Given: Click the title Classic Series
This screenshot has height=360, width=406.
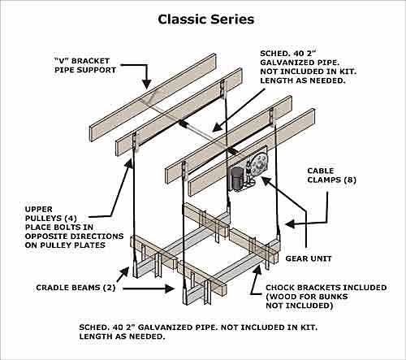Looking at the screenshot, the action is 206,20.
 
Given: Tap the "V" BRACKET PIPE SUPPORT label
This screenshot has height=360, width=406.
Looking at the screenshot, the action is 85,65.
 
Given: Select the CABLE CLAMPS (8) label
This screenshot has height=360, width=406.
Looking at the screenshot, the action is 331,176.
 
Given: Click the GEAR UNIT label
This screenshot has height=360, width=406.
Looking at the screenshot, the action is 309,258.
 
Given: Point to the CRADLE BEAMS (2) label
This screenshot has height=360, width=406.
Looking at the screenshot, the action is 76,288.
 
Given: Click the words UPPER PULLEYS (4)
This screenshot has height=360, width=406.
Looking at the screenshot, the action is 51,214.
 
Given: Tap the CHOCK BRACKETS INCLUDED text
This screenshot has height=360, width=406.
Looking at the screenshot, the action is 326,288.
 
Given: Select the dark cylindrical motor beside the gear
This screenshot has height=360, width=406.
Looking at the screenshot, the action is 236,179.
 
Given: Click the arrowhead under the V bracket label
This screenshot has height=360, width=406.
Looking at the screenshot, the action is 147,84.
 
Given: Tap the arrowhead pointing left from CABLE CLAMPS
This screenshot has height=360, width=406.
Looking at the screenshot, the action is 290,224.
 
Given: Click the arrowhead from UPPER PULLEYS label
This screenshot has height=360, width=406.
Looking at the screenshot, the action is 129,164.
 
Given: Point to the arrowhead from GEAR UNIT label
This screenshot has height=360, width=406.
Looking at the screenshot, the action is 266,181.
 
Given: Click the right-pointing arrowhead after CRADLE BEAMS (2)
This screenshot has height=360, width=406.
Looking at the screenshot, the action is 170,288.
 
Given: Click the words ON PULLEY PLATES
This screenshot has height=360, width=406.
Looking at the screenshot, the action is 65,245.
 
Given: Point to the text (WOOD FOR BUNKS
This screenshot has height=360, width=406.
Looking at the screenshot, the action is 307,297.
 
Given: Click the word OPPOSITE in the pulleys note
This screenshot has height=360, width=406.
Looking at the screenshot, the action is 49,236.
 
